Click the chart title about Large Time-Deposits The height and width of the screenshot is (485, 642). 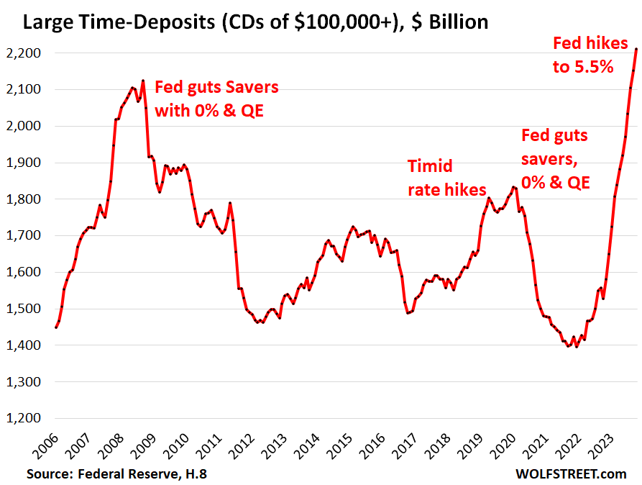(255, 22)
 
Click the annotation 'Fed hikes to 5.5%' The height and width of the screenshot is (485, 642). (583, 55)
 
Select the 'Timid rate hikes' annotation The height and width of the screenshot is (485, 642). (438, 178)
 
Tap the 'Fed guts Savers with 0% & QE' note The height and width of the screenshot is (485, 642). (216, 99)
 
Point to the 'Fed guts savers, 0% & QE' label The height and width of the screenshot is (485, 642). (554, 158)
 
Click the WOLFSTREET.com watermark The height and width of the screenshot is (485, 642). (571, 473)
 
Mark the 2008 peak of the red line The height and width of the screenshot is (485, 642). (143, 81)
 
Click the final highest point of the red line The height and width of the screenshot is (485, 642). (636, 49)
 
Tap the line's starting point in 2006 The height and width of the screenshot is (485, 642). (56, 327)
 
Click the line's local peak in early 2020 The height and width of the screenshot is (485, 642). (513, 187)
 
